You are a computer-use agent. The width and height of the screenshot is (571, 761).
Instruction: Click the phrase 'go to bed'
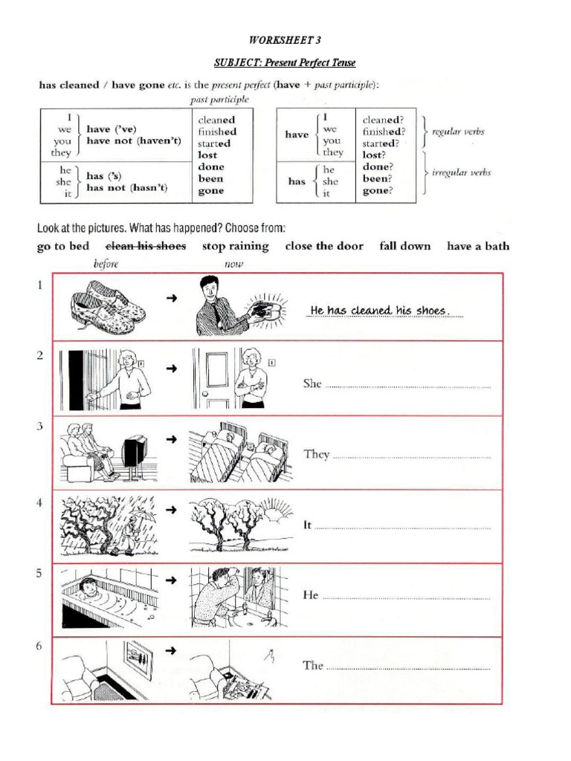point(63,246)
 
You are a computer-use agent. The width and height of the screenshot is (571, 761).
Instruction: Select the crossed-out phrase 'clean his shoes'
point(146,246)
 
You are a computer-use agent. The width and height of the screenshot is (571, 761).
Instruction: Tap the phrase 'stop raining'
point(235,246)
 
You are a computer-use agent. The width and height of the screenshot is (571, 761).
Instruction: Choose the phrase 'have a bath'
point(478,246)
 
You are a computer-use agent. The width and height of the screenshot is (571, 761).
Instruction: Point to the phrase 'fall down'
point(404,246)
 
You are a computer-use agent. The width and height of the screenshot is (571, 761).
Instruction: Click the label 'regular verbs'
point(458,132)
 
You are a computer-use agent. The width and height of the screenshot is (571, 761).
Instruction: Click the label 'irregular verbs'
point(462,172)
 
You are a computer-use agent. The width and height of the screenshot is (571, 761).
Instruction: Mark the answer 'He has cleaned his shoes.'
point(379,310)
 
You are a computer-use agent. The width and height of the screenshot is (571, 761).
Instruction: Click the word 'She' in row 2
point(312,384)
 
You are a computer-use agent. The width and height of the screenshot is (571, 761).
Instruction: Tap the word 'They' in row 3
point(316,454)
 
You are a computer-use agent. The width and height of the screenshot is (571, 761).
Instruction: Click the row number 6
point(39,647)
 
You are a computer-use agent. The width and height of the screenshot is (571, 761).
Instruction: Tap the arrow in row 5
point(171,580)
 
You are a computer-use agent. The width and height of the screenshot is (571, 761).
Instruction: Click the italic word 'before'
point(106,264)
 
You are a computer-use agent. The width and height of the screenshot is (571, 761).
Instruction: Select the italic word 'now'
point(234,264)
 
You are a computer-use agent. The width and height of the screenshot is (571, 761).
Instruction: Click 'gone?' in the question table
point(378,190)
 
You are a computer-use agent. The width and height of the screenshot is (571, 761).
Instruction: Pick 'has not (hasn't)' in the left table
point(127,188)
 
